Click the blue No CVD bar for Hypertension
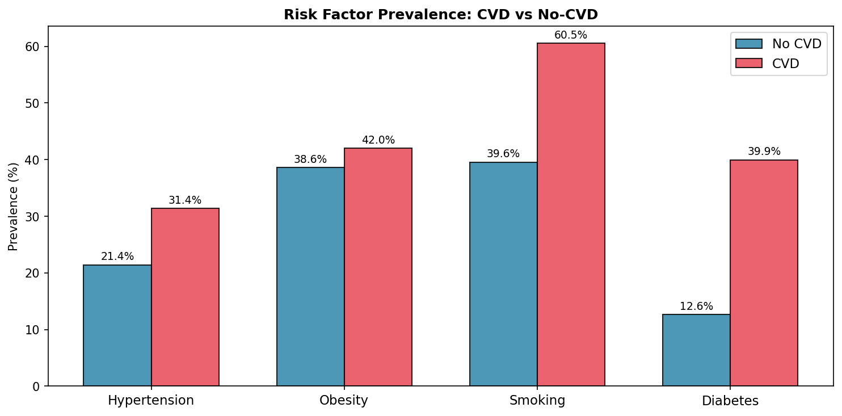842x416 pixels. click(x=117, y=325)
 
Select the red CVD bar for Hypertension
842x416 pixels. click(x=185, y=297)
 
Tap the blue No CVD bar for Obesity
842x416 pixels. click(x=310, y=276)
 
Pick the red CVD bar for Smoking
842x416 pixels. click(x=571, y=215)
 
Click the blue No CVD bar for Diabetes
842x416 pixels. click(x=696, y=350)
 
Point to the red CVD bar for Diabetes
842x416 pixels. click(x=764, y=273)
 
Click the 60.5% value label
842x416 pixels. click(x=571, y=35)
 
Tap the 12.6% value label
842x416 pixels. click(x=696, y=306)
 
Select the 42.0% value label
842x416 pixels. click(x=378, y=140)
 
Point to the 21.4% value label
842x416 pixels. click(x=117, y=257)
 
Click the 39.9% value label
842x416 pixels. click(x=764, y=152)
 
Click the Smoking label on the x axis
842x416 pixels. click(x=537, y=401)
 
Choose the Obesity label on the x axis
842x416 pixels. click(x=344, y=401)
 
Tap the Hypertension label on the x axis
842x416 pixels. click(x=151, y=401)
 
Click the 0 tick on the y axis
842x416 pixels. click(x=38, y=386)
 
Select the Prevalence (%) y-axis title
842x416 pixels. click(x=14, y=206)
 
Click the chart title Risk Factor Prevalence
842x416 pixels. click(x=441, y=15)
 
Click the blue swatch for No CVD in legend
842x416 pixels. click(x=748, y=44)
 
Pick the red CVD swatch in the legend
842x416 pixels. click(x=748, y=63)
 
